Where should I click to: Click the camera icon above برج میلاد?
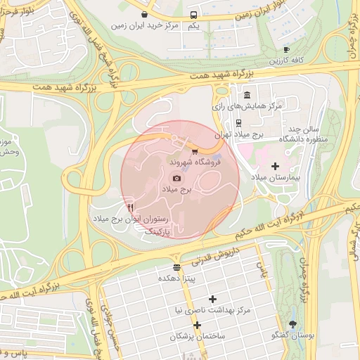tap(176, 179)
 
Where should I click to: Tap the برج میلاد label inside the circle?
tap(176, 190)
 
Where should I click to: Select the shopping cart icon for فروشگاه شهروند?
tap(194, 150)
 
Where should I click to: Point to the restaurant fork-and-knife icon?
tap(131, 207)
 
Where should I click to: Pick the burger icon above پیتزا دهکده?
tap(176, 266)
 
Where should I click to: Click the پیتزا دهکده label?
tap(176, 278)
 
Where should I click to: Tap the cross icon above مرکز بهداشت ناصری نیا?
tap(212, 299)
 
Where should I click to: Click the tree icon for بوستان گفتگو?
tap(293, 323)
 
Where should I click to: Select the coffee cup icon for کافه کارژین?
tap(285, 49)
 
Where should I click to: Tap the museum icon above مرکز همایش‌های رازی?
tap(246, 95)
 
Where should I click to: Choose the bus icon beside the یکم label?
tap(193, 14)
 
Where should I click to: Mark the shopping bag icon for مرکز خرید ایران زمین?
tap(144, 14)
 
